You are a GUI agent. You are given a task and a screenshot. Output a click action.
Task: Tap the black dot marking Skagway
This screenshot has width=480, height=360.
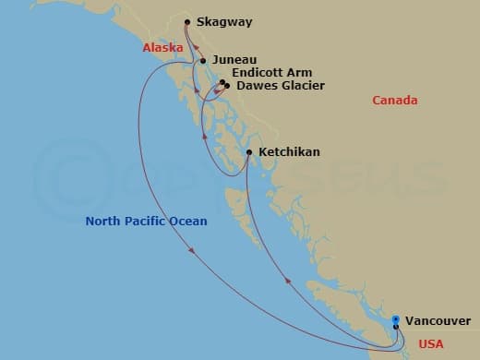(x=187, y=22)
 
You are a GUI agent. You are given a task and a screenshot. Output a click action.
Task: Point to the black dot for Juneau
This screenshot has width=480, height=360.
(x=202, y=62)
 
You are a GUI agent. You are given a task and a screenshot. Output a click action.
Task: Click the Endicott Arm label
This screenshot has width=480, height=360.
(x=272, y=73)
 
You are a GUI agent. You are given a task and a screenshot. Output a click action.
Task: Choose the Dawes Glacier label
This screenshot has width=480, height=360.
(x=281, y=86)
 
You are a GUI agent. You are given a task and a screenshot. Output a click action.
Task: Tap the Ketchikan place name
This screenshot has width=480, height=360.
(x=289, y=151)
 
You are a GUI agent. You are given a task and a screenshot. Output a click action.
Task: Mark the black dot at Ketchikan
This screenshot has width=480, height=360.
(x=249, y=152)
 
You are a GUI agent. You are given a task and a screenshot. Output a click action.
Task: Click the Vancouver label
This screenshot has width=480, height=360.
(x=438, y=320)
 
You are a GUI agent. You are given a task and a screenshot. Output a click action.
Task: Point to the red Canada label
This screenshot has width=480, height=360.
(x=395, y=100)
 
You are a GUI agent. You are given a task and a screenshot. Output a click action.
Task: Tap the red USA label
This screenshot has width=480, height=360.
(x=432, y=344)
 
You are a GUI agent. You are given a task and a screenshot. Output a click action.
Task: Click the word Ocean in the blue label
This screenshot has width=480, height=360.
(x=186, y=222)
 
